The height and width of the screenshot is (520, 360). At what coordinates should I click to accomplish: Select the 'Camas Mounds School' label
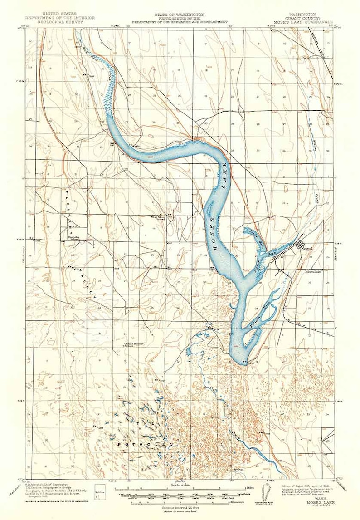135,344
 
